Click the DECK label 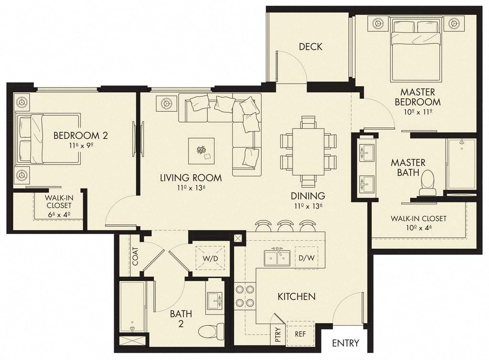pos(310,47)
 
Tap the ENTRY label pos(346,343)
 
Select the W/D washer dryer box pos(210,258)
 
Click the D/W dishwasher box pos(307,258)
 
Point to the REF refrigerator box pos(300,334)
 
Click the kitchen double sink pos(277,257)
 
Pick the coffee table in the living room pos(201,151)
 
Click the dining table pos(308,151)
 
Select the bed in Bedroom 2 pos(48,139)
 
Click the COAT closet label pos(136,256)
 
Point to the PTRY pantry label pos(278,334)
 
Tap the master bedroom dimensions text pos(417,112)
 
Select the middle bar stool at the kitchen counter pos(285,226)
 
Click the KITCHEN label pos(297,296)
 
